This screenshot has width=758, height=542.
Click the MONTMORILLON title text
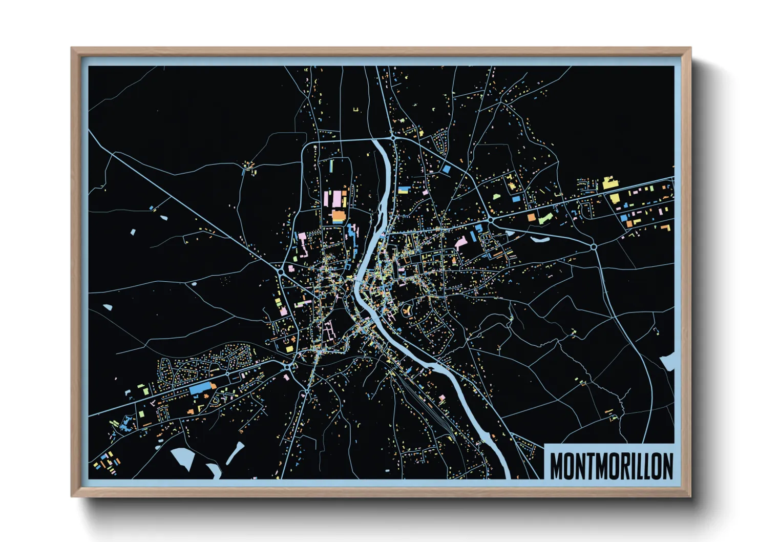(x=611, y=466)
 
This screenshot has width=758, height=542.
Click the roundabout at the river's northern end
(x=393, y=137)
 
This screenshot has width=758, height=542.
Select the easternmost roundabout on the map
(x=594, y=247)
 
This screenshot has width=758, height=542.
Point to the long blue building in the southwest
(x=200, y=389)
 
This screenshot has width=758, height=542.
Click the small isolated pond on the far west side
(x=107, y=308)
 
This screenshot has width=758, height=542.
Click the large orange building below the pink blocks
(x=339, y=217)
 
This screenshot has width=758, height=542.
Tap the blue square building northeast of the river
(x=446, y=169)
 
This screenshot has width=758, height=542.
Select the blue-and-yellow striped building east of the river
(x=404, y=190)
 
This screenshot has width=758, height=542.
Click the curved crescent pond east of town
(x=540, y=239)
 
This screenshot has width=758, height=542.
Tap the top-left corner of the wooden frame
(x=72, y=49)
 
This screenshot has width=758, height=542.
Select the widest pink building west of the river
(x=336, y=199)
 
